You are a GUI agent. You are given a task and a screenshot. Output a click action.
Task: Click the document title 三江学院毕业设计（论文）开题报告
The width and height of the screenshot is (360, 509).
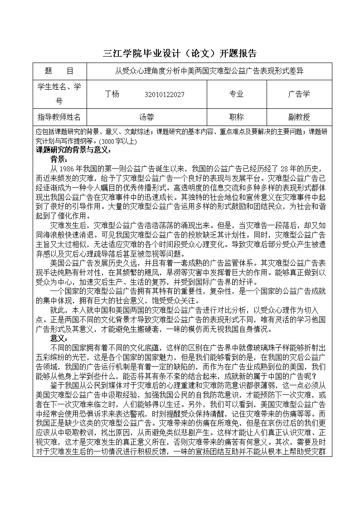tap(180, 53)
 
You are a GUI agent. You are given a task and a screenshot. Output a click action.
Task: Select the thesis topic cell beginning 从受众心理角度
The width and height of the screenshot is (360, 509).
tap(209, 71)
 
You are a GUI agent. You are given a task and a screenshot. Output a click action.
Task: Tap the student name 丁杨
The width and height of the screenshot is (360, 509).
tap(112, 94)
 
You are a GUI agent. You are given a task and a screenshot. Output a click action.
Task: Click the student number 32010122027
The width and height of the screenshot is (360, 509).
tap(165, 95)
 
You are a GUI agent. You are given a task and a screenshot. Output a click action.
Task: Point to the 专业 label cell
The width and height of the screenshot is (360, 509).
tap(236, 94)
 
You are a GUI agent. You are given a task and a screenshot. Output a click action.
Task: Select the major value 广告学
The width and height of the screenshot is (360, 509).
tap(299, 94)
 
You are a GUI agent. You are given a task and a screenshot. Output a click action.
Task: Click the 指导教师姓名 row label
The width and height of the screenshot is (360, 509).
tap(59, 117)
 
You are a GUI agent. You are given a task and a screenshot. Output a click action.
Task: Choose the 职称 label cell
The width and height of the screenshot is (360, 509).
tap(236, 117)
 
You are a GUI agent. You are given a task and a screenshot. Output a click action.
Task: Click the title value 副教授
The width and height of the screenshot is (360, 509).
tap(299, 117)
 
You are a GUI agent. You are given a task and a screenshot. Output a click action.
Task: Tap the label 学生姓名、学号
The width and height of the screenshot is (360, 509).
tap(59, 94)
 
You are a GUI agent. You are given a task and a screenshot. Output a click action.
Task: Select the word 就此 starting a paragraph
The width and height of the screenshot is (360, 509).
tap(57, 310)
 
